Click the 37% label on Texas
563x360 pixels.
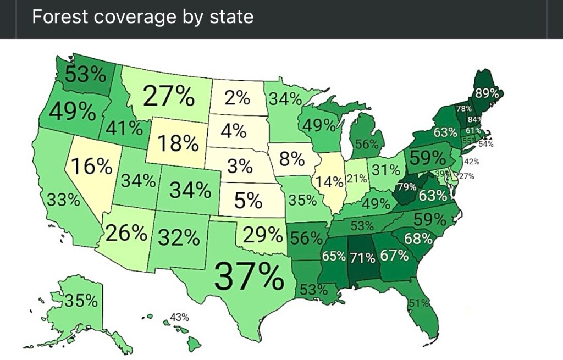pyautogui.click(x=248, y=275)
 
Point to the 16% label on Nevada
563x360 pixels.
pyautogui.click(x=92, y=166)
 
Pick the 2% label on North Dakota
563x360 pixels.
pyautogui.click(x=237, y=99)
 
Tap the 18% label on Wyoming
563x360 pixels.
pyautogui.click(x=178, y=143)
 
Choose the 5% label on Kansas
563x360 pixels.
pyautogui.click(x=247, y=201)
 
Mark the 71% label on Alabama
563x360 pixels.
pyautogui.click(x=363, y=257)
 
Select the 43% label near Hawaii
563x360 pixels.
pyautogui.click(x=179, y=317)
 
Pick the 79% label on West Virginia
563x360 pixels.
pyautogui.click(x=406, y=186)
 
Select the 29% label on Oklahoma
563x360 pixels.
pyautogui.click(x=262, y=235)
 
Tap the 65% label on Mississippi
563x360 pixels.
pyautogui.click(x=334, y=256)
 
